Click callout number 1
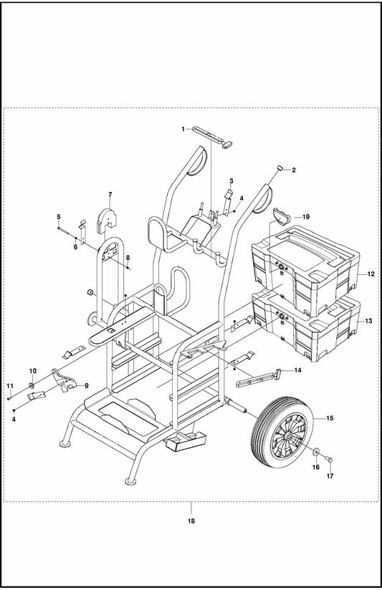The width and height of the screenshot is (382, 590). click(x=183, y=129)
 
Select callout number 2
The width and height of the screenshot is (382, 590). click(x=294, y=170)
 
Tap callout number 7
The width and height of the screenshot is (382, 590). click(x=110, y=194)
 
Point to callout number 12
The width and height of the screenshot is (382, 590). click(x=371, y=274)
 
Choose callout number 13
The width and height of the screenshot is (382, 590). click(x=369, y=321)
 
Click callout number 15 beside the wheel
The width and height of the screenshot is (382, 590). click(x=330, y=418)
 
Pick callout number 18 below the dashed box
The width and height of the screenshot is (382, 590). click(x=191, y=521)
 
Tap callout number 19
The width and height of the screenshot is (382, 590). click(x=306, y=217)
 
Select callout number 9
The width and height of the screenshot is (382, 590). click(x=86, y=385)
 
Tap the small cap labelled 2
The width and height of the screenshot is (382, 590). click(x=280, y=168)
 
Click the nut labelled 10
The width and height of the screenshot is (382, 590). click(x=32, y=385)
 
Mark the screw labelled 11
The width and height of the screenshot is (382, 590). click(x=9, y=397)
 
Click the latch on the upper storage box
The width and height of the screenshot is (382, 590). click(x=281, y=267)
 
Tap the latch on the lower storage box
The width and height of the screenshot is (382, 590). click(x=281, y=316)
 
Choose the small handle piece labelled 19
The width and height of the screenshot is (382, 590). click(x=281, y=216)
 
